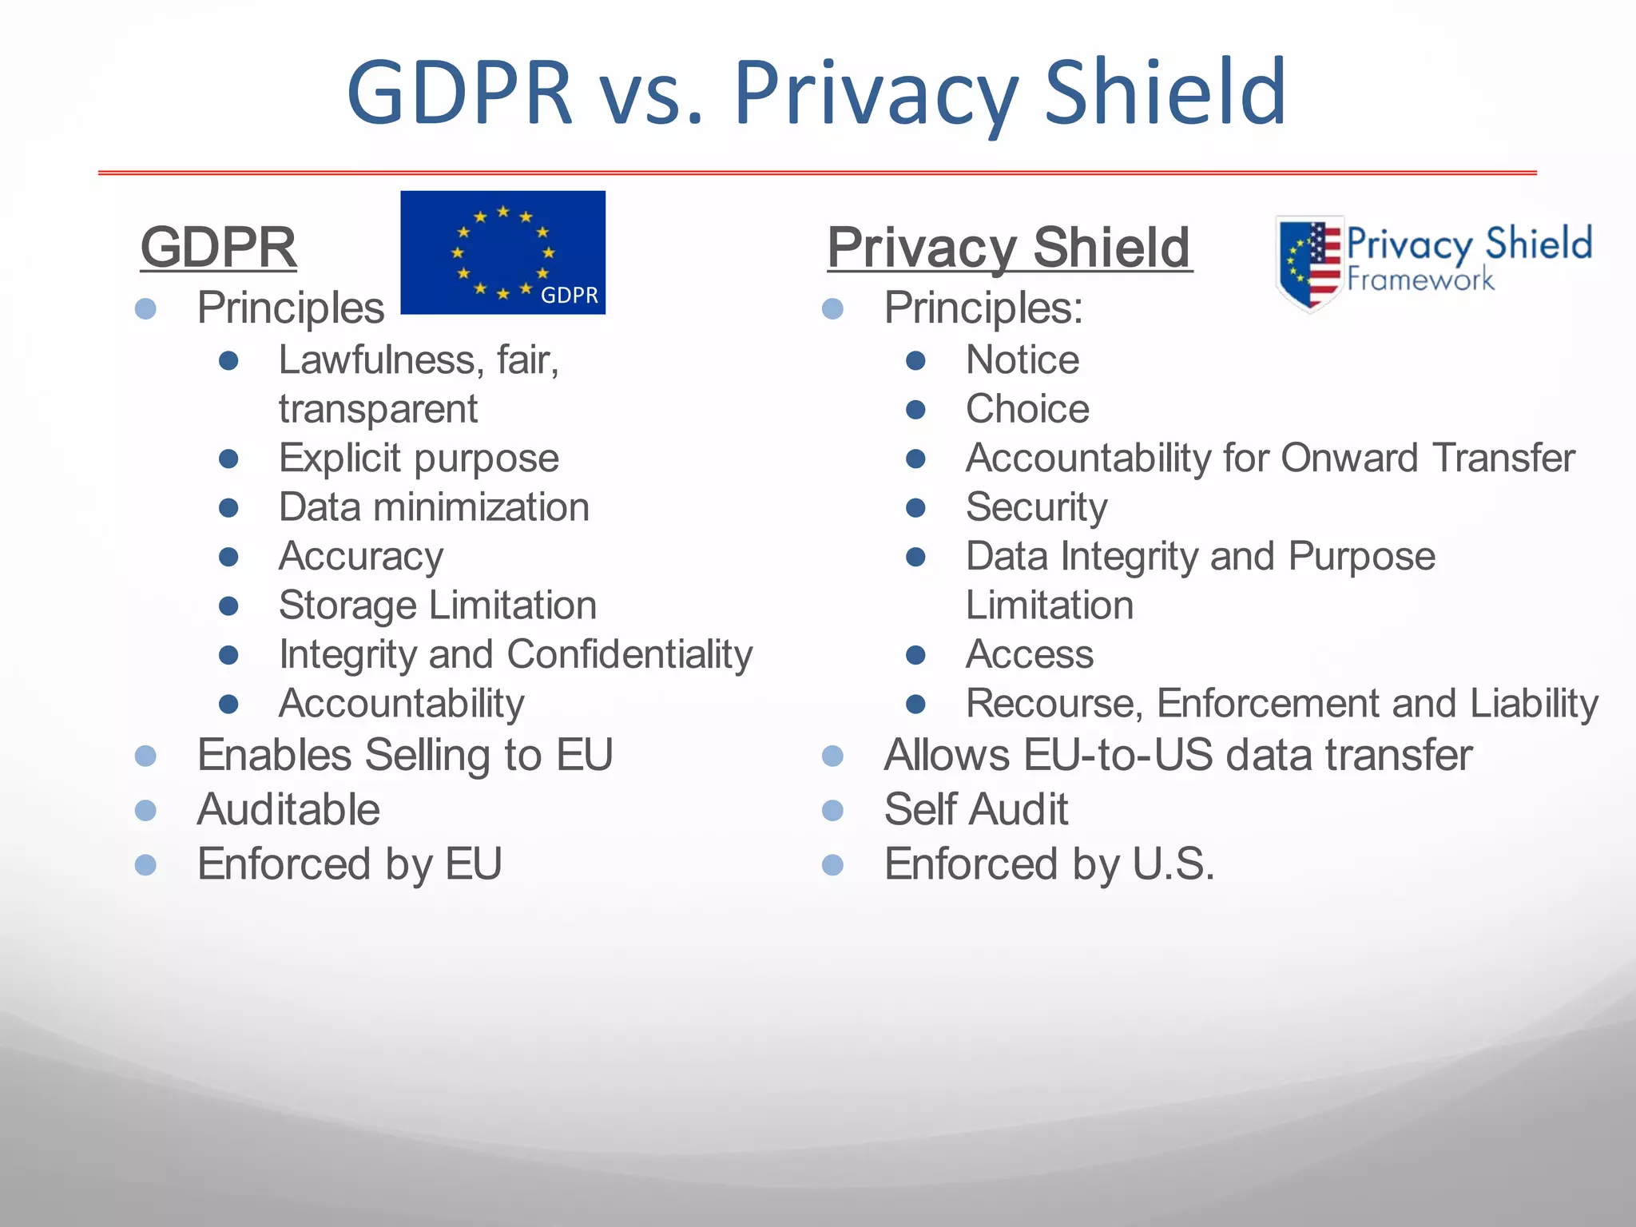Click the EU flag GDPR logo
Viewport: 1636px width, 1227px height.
coord(502,252)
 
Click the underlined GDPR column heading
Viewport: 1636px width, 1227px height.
coord(218,248)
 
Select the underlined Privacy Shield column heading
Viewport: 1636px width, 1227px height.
coord(1009,248)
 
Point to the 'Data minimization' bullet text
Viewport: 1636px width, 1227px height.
coord(434,508)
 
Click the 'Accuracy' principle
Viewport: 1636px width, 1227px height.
coord(361,557)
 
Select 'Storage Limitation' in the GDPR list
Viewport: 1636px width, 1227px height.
coord(438,606)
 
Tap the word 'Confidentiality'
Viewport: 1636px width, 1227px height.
coord(629,655)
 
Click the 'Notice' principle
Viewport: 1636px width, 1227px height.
coord(1022,360)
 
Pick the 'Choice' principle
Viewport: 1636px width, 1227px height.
coord(1027,410)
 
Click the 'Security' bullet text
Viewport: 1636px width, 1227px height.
coord(1036,508)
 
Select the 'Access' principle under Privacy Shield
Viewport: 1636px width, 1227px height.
coord(1029,655)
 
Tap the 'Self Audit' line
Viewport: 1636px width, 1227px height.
coord(975,810)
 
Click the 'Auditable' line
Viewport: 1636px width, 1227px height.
coord(288,810)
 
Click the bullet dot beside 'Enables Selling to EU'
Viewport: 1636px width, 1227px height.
coord(145,756)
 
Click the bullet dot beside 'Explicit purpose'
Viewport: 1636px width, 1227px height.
coord(228,459)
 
